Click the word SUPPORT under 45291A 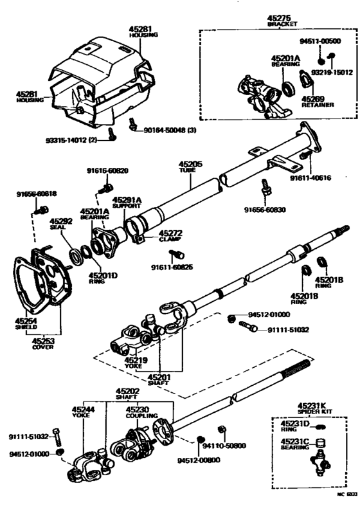coord(126,206)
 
